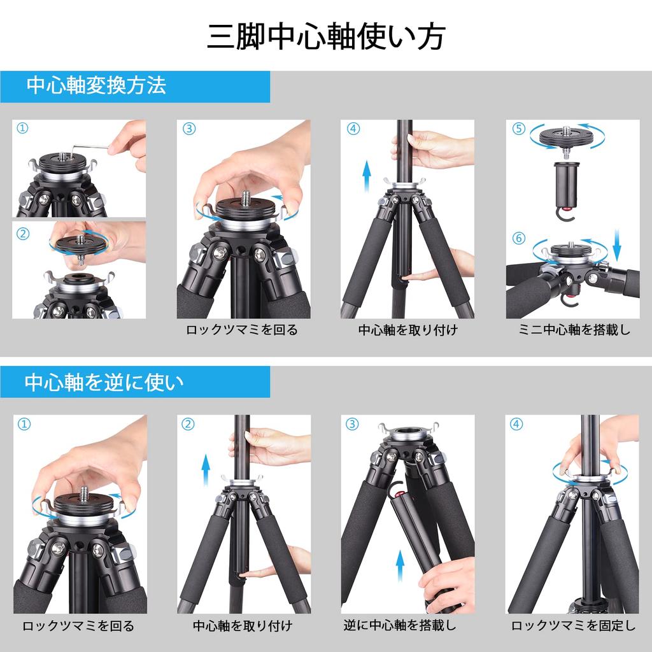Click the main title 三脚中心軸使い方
pyautogui.click(x=326, y=36)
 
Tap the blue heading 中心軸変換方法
pyautogui.click(x=97, y=86)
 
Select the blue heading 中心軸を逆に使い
pyautogui.click(x=104, y=382)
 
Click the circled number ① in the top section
pyautogui.click(x=22, y=128)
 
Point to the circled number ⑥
pyautogui.click(x=518, y=238)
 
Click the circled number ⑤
pyautogui.click(x=518, y=129)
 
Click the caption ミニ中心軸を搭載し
pyautogui.click(x=574, y=330)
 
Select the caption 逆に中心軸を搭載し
pyautogui.click(x=400, y=625)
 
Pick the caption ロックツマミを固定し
pyautogui.click(x=574, y=625)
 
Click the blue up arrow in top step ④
pyautogui.click(x=366, y=176)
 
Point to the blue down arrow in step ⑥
pyautogui.click(x=616, y=244)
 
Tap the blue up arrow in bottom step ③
pyautogui.click(x=400, y=565)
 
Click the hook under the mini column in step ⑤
pyautogui.click(x=565, y=213)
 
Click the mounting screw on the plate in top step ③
pyautogui.click(x=245, y=195)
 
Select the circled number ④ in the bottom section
pyautogui.click(x=516, y=424)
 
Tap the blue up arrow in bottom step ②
pyautogui.click(x=206, y=471)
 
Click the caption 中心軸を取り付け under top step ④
pyautogui.click(x=408, y=330)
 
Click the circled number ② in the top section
pyautogui.click(x=23, y=234)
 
